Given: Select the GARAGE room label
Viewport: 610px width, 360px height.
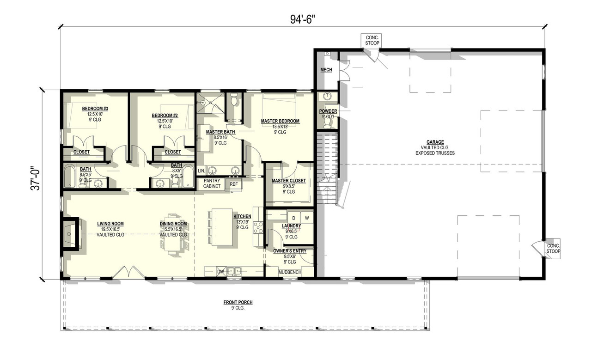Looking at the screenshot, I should [435, 142].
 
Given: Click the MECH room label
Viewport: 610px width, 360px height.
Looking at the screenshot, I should [326, 70].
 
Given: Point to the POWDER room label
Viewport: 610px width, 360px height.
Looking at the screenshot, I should [328, 111].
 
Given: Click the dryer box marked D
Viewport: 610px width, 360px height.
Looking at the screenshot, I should [293, 217].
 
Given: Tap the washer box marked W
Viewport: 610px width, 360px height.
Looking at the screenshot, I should [306, 217].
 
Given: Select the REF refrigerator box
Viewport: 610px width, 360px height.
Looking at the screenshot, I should [234, 184].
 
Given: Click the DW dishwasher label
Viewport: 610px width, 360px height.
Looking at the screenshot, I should [221, 272].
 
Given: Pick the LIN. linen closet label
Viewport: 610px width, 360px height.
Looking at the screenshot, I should [201, 171].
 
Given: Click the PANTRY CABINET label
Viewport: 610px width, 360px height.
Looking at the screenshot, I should [212, 183].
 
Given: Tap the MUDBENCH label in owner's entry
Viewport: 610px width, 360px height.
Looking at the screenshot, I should [290, 272].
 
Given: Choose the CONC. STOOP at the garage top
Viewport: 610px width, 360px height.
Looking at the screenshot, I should [372, 40].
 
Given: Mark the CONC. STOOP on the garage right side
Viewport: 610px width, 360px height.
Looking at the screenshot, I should [553, 249].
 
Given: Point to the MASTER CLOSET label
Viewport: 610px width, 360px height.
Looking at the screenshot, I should [288, 181].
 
